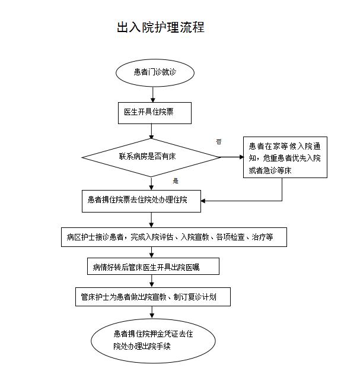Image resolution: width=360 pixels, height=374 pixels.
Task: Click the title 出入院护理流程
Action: [x=161, y=28]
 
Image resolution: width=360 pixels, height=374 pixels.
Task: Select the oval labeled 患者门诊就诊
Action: [x=155, y=72]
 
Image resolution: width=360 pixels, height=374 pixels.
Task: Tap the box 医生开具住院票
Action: [x=153, y=112]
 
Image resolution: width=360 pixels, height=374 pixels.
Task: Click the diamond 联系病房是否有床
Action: [x=151, y=157]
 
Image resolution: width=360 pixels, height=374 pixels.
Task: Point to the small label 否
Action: [x=219, y=141]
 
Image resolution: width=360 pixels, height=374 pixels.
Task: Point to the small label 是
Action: [x=176, y=180]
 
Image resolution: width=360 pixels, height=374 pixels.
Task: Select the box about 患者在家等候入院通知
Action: [x=285, y=157]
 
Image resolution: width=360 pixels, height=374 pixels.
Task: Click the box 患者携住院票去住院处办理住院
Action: [x=141, y=201]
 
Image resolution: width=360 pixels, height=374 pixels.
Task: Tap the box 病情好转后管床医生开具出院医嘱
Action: [x=152, y=267]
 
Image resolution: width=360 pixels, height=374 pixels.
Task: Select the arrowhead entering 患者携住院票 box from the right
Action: [x=205, y=201]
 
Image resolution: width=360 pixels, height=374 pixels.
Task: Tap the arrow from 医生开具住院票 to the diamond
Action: [x=152, y=131]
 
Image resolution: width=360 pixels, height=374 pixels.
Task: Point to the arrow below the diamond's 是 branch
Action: [x=152, y=183]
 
